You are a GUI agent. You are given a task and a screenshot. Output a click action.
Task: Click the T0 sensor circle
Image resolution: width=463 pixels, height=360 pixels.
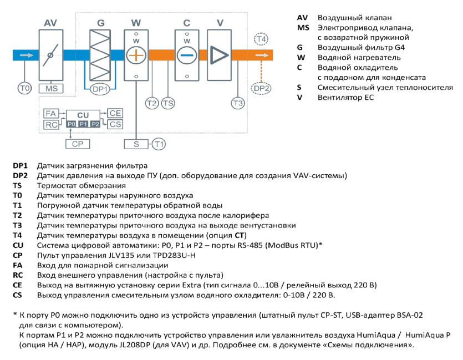point(24,88)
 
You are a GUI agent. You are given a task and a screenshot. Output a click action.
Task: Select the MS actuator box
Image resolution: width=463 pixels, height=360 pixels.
point(51,89)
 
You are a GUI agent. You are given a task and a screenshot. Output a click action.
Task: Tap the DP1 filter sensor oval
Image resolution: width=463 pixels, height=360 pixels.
point(100,89)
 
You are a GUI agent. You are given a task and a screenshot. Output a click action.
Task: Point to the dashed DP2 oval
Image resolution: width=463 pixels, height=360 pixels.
point(261,88)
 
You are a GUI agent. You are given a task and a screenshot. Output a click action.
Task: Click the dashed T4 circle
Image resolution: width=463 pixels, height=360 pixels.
point(261,39)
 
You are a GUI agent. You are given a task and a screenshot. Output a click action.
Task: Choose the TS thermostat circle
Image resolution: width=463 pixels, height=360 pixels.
point(168,103)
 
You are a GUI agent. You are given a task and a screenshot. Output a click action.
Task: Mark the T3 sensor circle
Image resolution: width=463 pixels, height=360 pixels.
point(238,103)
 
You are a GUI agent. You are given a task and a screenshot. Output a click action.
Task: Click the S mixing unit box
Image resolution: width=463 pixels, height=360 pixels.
point(136,144)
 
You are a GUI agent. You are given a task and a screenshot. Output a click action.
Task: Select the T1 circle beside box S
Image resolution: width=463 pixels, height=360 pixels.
point(159,144)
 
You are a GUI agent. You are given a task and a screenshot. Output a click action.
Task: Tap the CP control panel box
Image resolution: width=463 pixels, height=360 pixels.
point(78,144)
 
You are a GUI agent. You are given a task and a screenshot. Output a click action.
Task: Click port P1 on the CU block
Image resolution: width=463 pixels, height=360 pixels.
point(83,124)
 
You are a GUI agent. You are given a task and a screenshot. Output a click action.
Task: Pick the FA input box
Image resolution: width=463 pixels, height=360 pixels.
point(51,113)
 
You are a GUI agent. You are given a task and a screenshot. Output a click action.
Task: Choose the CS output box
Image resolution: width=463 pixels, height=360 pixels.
point(115,124)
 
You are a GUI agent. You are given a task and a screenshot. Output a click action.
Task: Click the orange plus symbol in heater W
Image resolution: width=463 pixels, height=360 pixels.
point(136,55)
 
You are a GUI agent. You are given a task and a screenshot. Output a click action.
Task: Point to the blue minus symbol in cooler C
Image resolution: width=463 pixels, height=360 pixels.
point(187,55)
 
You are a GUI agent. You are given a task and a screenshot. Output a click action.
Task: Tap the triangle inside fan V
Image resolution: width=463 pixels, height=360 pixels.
point(219,55)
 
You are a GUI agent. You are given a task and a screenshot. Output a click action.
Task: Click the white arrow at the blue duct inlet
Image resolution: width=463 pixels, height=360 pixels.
point(27,55)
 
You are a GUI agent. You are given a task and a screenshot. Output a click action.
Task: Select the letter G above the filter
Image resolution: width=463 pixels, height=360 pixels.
point(101,23)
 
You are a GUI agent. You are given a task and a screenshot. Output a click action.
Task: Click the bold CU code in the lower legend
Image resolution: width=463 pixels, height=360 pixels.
point(18,245)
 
